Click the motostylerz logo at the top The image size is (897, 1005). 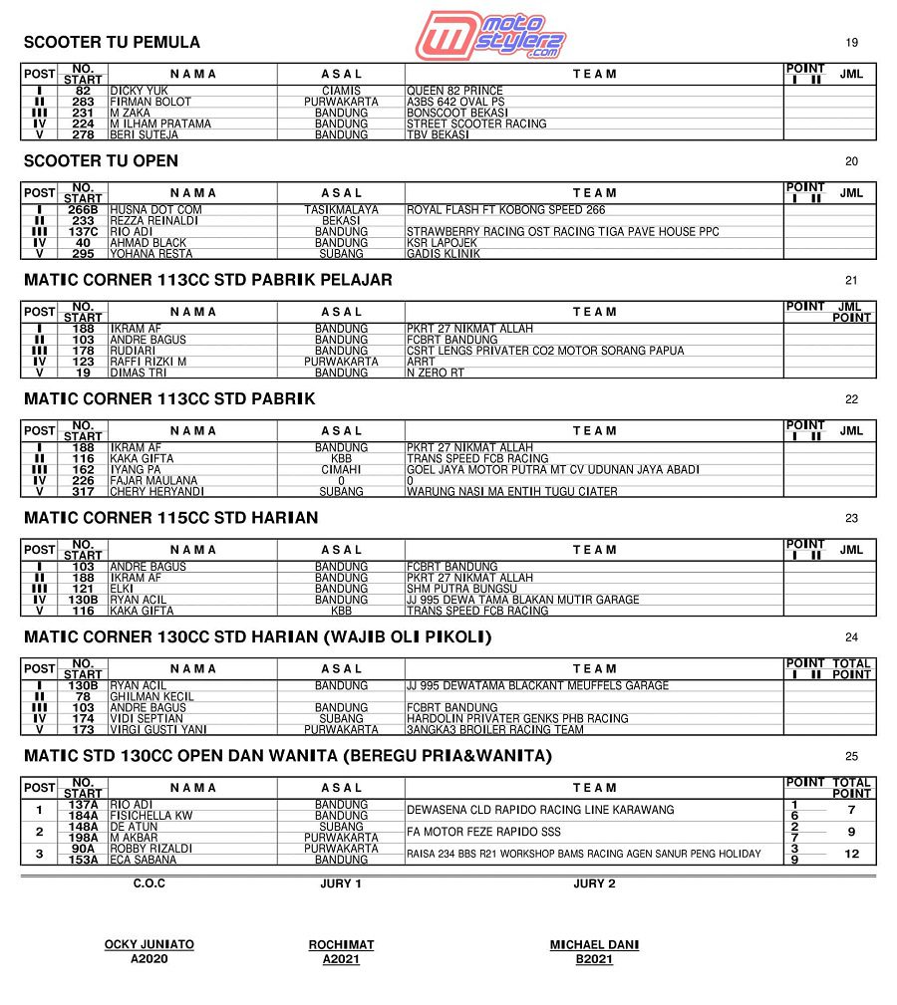491,36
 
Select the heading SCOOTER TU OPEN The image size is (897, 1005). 101,161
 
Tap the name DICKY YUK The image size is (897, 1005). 139,91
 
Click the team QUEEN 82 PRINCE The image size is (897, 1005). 454,91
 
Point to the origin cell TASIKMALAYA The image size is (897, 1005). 341,210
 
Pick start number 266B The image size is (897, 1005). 83,210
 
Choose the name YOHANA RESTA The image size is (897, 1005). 151,254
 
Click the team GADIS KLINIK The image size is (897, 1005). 443,254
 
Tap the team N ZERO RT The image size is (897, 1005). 436,373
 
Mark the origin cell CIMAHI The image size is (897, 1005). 341,469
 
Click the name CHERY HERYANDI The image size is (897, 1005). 156,491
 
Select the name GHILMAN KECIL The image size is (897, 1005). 151,696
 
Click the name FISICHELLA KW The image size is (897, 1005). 150,816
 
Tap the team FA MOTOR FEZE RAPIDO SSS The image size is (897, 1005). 483,832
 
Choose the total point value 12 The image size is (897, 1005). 851,854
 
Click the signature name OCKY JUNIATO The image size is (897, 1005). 149,944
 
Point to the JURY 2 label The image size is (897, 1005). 594,883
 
